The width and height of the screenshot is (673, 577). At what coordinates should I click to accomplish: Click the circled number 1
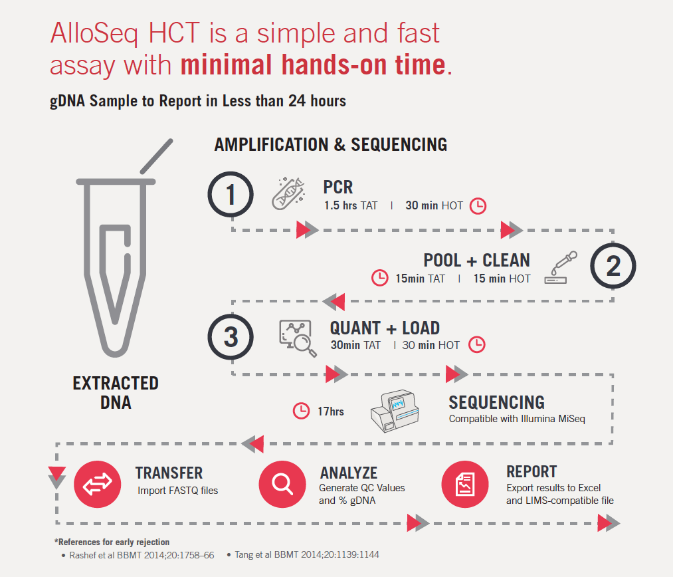(231, 195)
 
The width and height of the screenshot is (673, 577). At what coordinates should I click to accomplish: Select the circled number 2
(613, 266)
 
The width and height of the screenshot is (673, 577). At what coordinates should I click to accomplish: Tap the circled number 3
(231, 337)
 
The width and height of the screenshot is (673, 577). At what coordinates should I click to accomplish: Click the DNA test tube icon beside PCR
(288, 193)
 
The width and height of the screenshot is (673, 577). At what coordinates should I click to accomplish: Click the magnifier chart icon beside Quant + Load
(298, 338)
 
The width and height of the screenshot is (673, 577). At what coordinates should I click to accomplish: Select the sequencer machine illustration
(395, 411)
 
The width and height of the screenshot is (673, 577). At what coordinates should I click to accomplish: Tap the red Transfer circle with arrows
(98, 484)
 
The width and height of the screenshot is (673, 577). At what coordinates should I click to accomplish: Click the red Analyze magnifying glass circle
(282, 484)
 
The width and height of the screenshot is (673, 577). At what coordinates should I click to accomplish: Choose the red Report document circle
(465, 484)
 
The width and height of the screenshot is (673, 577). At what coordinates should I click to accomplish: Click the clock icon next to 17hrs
(302, 411)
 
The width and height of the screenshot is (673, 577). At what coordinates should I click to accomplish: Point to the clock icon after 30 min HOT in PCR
(478, 206)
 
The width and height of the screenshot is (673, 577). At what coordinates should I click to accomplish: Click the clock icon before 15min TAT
(380, 278)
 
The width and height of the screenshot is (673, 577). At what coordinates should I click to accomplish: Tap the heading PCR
(338, 187)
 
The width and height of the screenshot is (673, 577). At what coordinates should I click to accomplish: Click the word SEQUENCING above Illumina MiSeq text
(496, 402)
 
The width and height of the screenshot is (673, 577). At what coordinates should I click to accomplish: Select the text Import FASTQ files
(177, 491)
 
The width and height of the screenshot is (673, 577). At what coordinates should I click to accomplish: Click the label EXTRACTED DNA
(116, 393)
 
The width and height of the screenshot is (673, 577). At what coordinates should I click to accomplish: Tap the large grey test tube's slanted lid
(157, 156)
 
